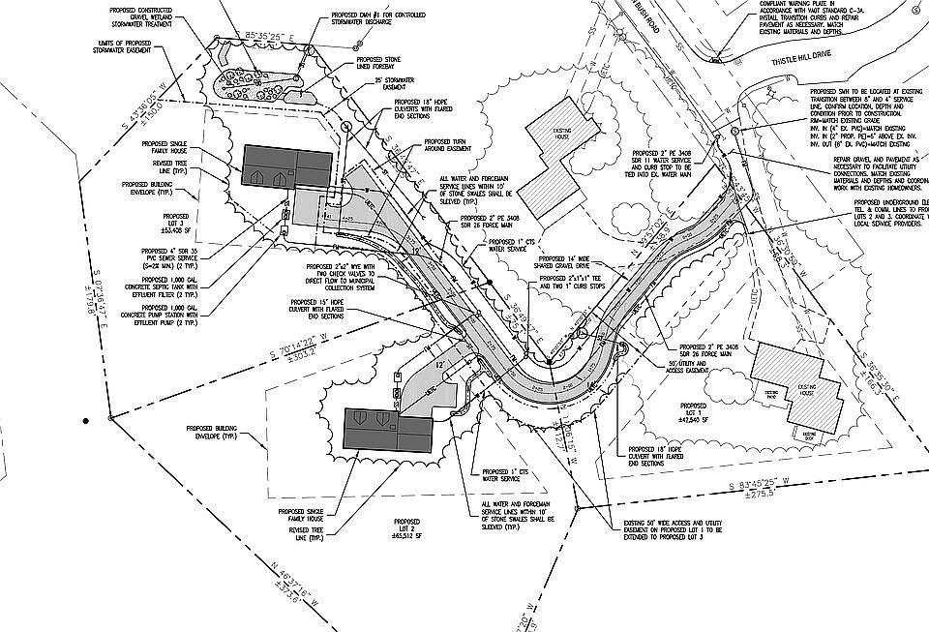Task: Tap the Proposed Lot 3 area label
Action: point(176,224)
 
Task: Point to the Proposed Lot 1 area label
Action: point(693,412)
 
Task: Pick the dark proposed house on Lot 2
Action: point(391,430)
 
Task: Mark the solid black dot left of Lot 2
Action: point(86,421)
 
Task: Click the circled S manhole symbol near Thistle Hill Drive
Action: point(734,130)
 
